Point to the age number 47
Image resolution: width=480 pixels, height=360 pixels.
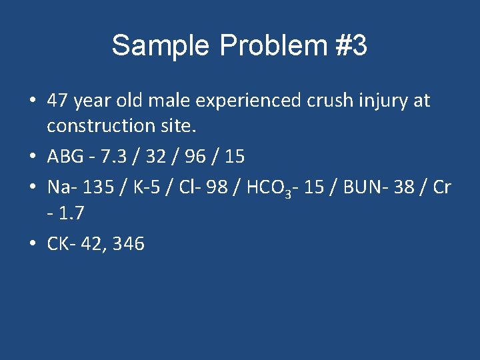click(58, 101)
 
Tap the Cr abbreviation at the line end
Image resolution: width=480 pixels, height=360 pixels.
click(441, 187)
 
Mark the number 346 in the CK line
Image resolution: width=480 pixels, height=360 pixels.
click(129, 243)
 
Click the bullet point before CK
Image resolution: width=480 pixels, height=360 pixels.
click(33, 243)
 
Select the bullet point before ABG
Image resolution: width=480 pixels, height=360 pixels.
click(33, 157)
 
